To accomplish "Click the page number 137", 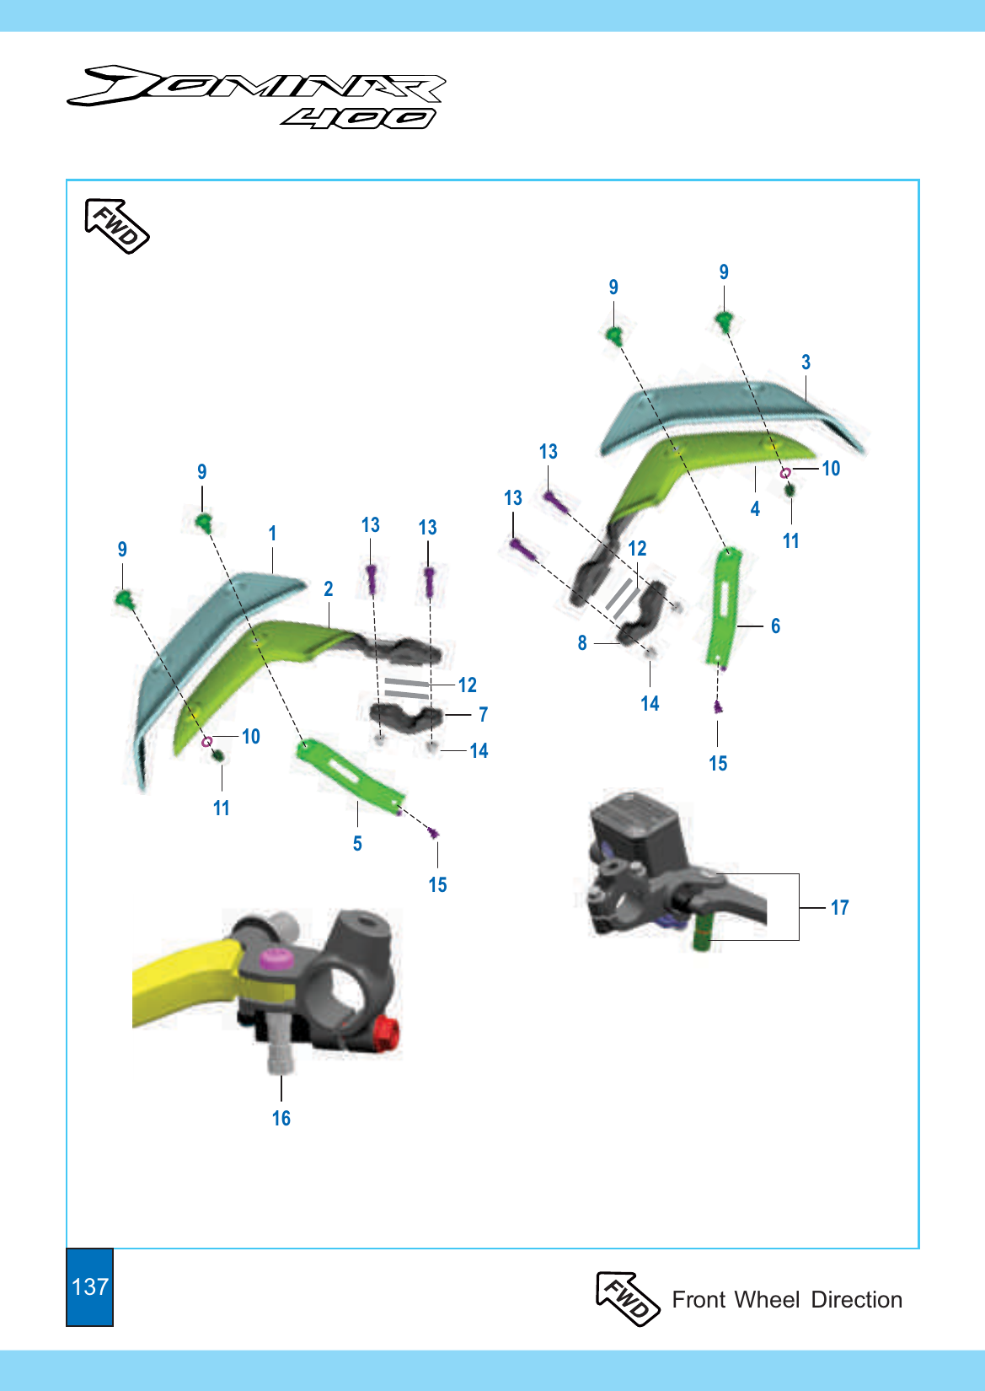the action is coord(90,1286).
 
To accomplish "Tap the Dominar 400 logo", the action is coord(255,97).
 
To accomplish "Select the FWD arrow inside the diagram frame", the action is coord(116,226).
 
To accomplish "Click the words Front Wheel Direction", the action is coord(787,1299).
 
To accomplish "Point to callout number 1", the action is coord(272,533).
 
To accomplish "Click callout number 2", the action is coord(329,588).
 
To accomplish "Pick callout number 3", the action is coord(806,362).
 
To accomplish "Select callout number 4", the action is coord(755,509).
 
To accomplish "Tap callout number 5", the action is coord(357,843).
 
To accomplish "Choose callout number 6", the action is coord(776,626).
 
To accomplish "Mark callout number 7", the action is coord(484,715).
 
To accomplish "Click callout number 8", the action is coord(582,643).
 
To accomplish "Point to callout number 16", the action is coord(281,1119).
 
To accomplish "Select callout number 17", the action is coord(840,908).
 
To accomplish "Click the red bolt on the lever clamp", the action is coord(388,1034).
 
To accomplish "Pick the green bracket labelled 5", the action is coord(351,776).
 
